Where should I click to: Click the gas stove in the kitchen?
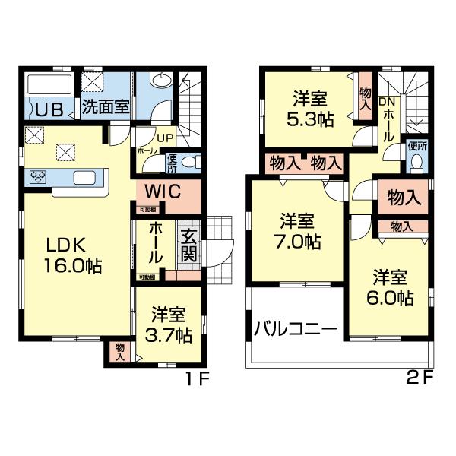(38, 178)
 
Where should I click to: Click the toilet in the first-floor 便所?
(190, 161)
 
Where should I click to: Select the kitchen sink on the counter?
(84, 178)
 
